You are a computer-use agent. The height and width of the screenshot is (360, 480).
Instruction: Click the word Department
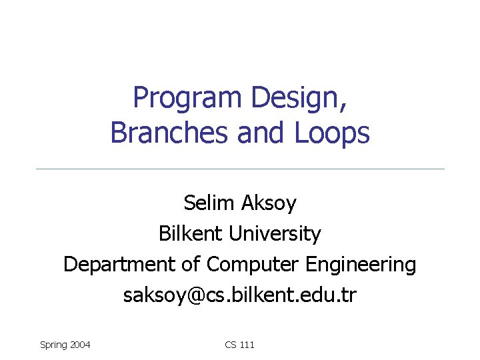pos(119,265)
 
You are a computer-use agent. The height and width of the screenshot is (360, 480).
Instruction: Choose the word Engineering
pos(361,265)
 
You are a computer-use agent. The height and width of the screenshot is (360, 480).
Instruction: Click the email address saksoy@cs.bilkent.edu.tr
pos(240,295)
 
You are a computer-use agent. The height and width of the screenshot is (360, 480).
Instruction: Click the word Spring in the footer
pos(53,345)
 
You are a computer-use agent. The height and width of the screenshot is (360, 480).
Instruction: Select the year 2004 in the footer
pos(79,345)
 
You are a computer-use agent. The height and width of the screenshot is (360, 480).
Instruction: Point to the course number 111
pos(247,345)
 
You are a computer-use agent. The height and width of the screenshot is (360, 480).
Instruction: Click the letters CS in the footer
pos(231,345)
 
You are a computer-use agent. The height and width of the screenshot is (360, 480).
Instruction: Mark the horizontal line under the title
pos(240,169)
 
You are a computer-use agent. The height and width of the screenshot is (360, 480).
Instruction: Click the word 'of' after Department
pos(191,265)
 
